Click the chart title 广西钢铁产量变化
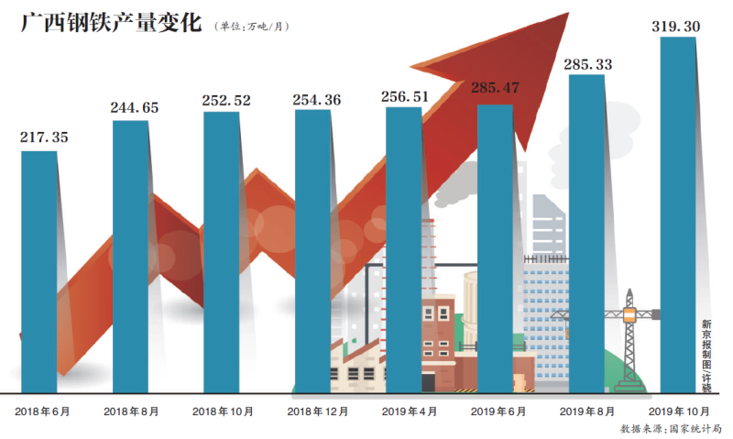(109, 22)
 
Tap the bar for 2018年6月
(39, 270)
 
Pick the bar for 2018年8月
(131, 257)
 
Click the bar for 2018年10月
(221, 252)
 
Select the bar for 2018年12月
(312, 252)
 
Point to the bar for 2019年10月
(678, 215)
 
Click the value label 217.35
(44, 137)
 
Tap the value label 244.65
(134, 107)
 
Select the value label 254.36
(317, 99)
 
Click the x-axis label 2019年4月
(409, 412)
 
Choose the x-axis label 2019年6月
(499, 412)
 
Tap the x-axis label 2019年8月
(589, 412)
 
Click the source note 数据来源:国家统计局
(671, 428)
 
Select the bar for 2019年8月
(587, 234)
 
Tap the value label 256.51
(408, 95)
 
